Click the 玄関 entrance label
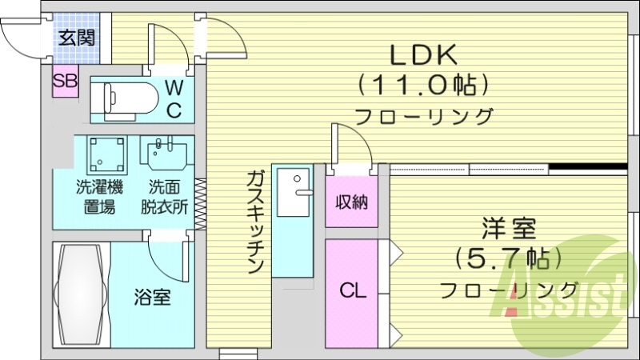75,37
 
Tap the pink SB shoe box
66,81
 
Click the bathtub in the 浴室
81,294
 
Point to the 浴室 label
152,298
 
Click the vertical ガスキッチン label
255,222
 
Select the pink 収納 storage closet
351,201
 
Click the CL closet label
353,290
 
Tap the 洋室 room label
508,229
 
